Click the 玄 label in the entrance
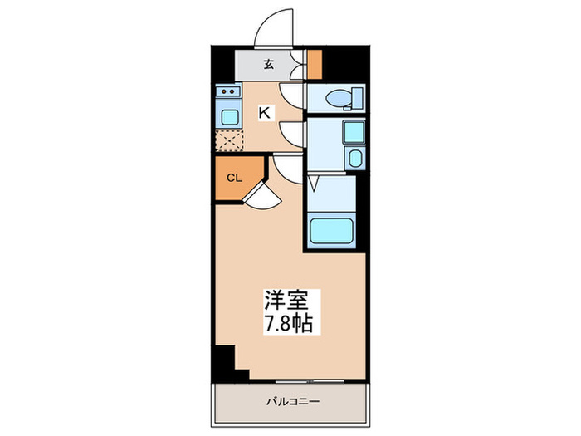pos(270,63)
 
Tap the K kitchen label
pos(264,113)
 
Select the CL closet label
pos(234,177)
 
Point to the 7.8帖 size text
pos(289,323)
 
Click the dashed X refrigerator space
pos(228,140)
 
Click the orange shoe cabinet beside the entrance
pos(315,63)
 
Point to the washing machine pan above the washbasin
pos(353,131)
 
